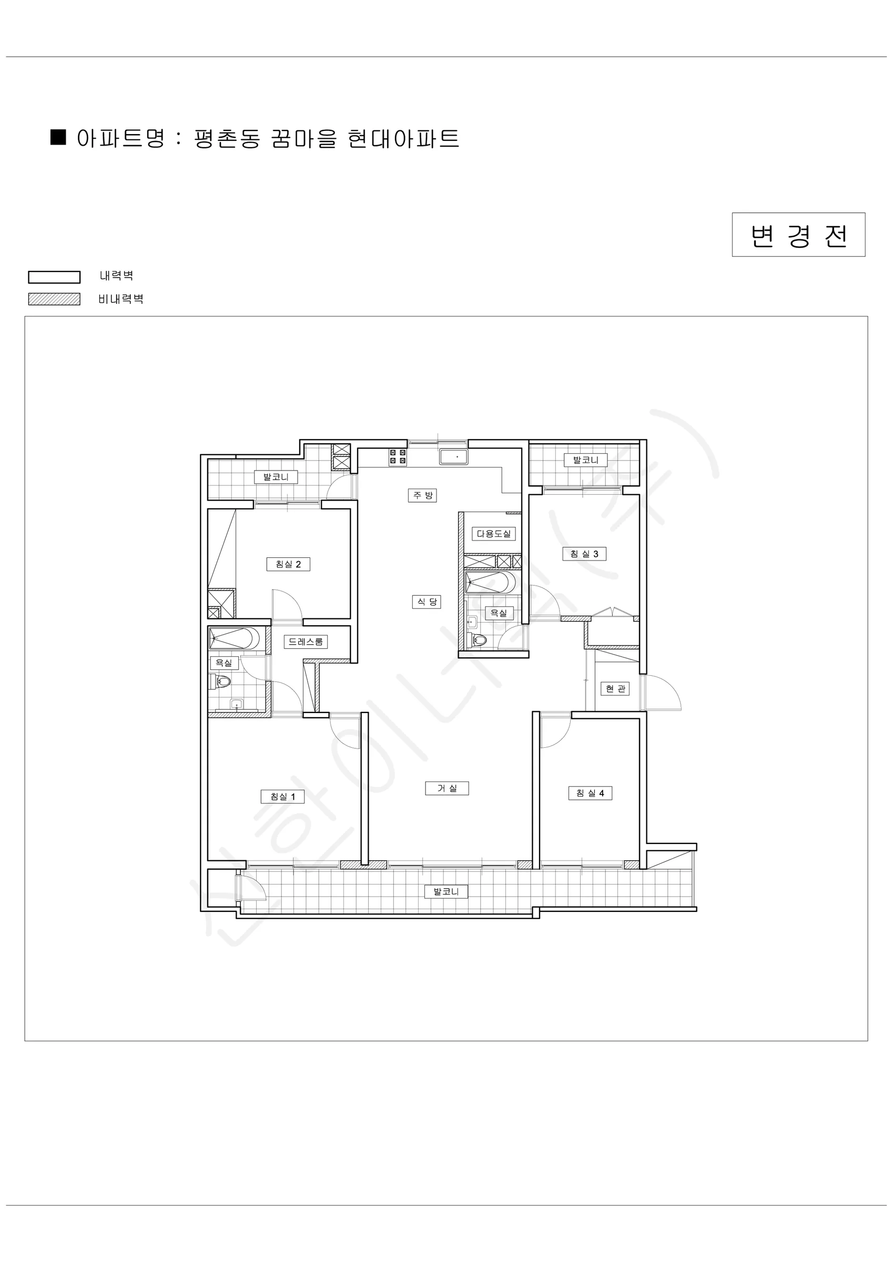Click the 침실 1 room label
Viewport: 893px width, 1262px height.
pos(282,797)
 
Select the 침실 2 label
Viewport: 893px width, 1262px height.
pos(288,564)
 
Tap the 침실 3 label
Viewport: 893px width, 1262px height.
pos(584,554)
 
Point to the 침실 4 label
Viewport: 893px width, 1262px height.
pos(590,793)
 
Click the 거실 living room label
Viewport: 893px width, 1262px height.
pos(447,788)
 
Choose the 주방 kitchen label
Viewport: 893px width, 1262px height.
pos(423,495)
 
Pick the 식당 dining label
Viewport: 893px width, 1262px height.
pos(427,602)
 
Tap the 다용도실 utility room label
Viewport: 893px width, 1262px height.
pos(493,534)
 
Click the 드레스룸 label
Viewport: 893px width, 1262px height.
pos(306,642)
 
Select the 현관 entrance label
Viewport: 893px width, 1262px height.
pos(615,689)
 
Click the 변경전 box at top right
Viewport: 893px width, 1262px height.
pos(798,235)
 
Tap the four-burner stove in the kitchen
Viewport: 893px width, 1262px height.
pos(398,457)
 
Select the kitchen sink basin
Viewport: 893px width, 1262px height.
pos(454,457)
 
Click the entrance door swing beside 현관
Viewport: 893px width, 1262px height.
pos(664,693)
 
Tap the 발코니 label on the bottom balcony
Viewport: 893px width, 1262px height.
pos(446,891)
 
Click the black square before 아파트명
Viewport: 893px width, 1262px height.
pos(58,137)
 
